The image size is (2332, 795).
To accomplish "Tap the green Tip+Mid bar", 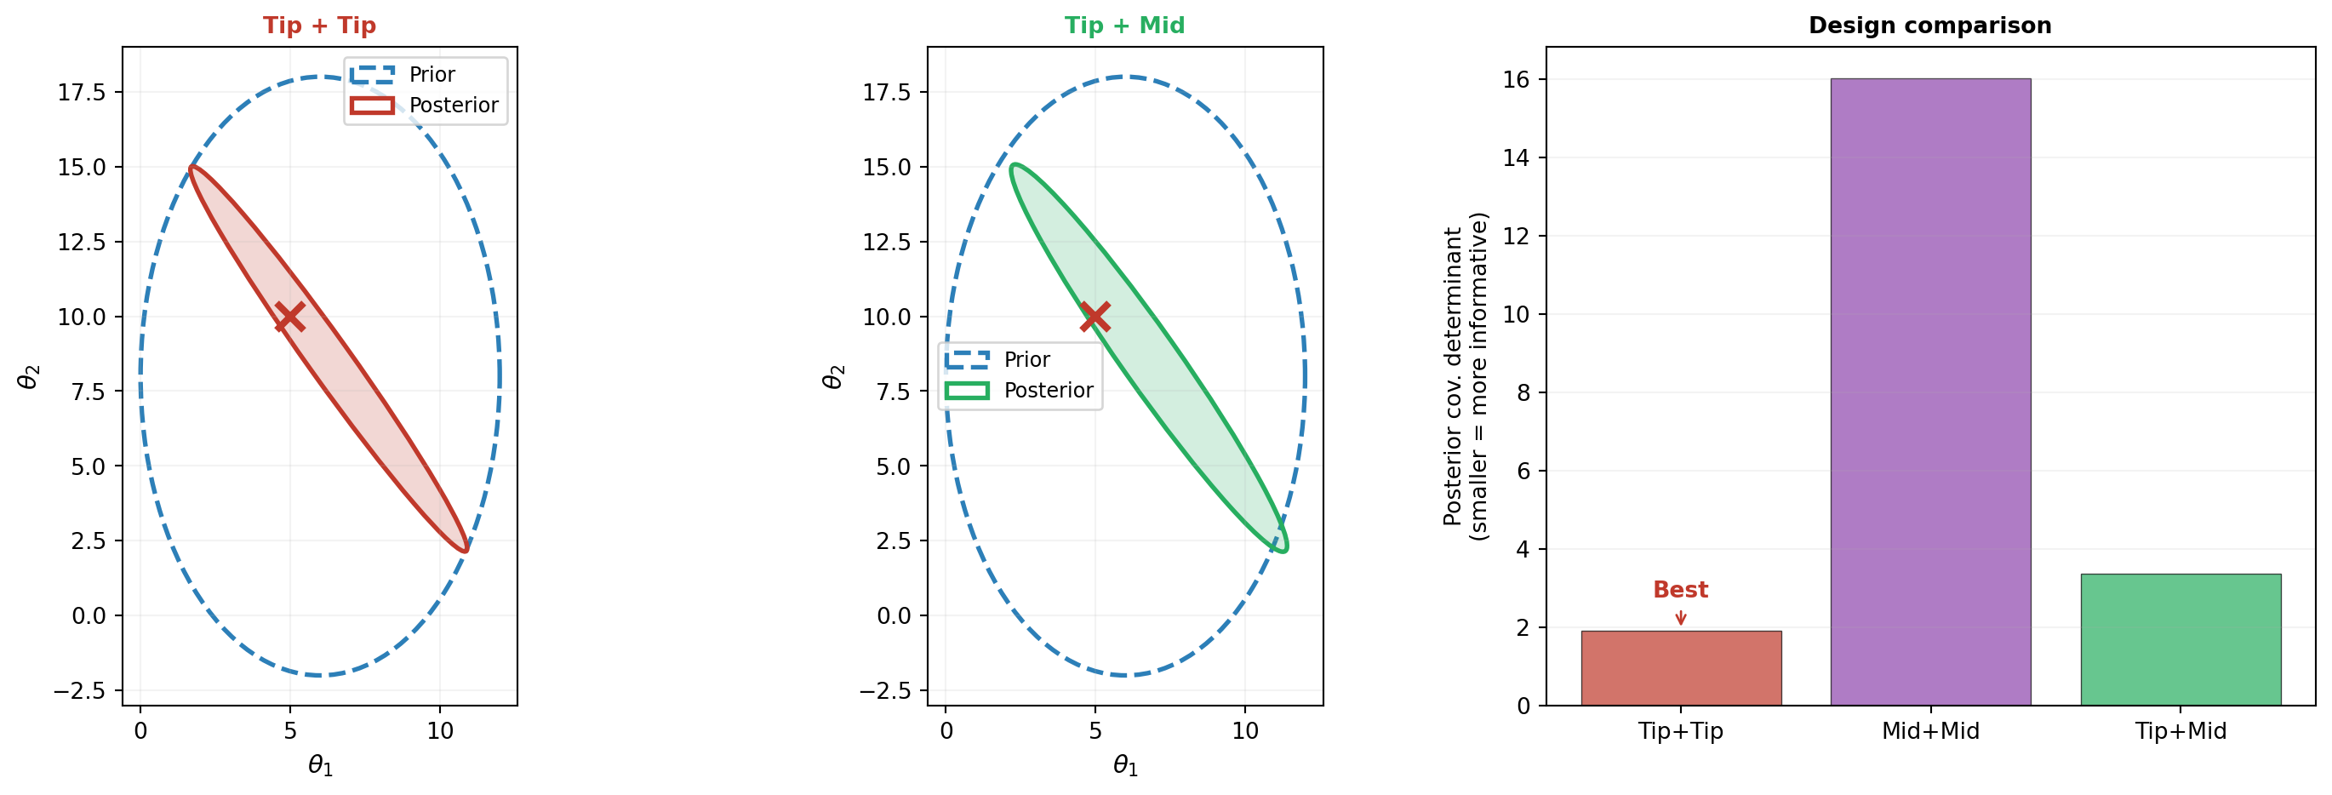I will [x=2180, y=639].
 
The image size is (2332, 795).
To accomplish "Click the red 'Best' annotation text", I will [x=1680, y=590].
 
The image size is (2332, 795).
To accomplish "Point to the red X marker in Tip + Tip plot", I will [x=289, y=317].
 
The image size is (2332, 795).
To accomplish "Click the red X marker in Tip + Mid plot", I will [x=1095, y=317].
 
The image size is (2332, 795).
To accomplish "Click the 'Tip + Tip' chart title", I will [x=319, y=26].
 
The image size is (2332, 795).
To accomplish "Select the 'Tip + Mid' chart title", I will [x=1124, y=26].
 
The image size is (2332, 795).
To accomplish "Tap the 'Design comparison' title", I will [x=1930, y=26].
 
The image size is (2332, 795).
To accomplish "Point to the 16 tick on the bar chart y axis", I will [x=1517, y=80].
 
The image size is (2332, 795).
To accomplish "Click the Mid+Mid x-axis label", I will [x=1930, y=730].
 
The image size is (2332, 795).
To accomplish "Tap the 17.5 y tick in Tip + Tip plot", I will [x=82, y=93].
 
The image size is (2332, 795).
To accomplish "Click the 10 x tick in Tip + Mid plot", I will [x=1245, y=730].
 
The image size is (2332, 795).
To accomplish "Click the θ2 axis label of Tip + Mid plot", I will [x=833, y=377].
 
